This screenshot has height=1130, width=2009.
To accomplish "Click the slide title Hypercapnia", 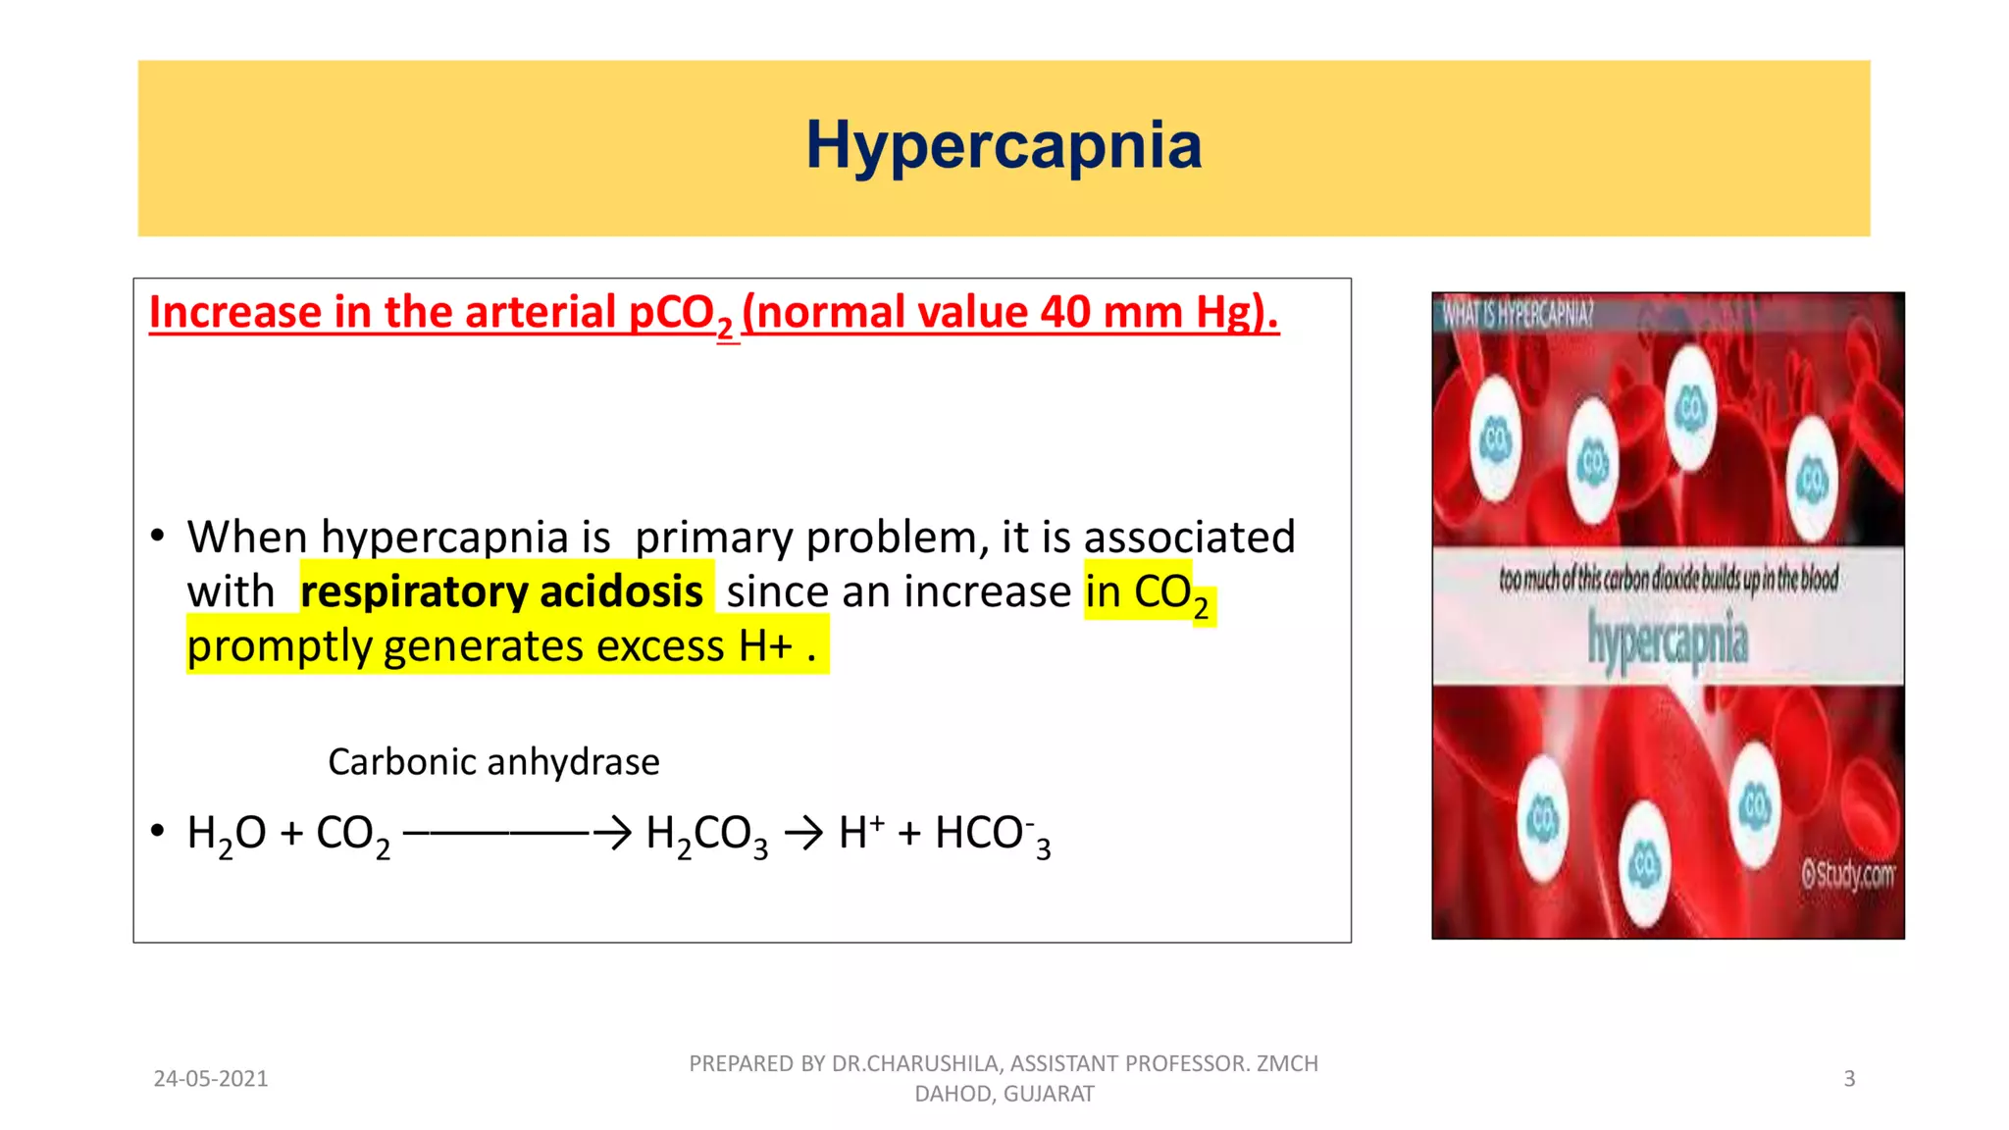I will pos(1004,146).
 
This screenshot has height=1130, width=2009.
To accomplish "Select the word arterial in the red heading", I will pos(539,313).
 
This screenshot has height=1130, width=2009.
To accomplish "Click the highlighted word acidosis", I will pos(621,592).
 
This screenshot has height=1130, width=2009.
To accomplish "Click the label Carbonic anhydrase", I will pos(493,762).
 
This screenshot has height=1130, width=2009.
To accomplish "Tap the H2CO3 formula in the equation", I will pos(706,835).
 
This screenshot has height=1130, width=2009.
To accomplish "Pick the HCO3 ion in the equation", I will pos(992,835).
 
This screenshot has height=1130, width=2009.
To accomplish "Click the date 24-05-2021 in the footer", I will pos(211,1079).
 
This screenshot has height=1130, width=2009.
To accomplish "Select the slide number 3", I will pos(1849,1079).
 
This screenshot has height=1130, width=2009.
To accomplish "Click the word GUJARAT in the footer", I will pos(1048,1094).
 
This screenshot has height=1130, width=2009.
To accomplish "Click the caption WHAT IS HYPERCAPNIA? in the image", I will pos(1518,315).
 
